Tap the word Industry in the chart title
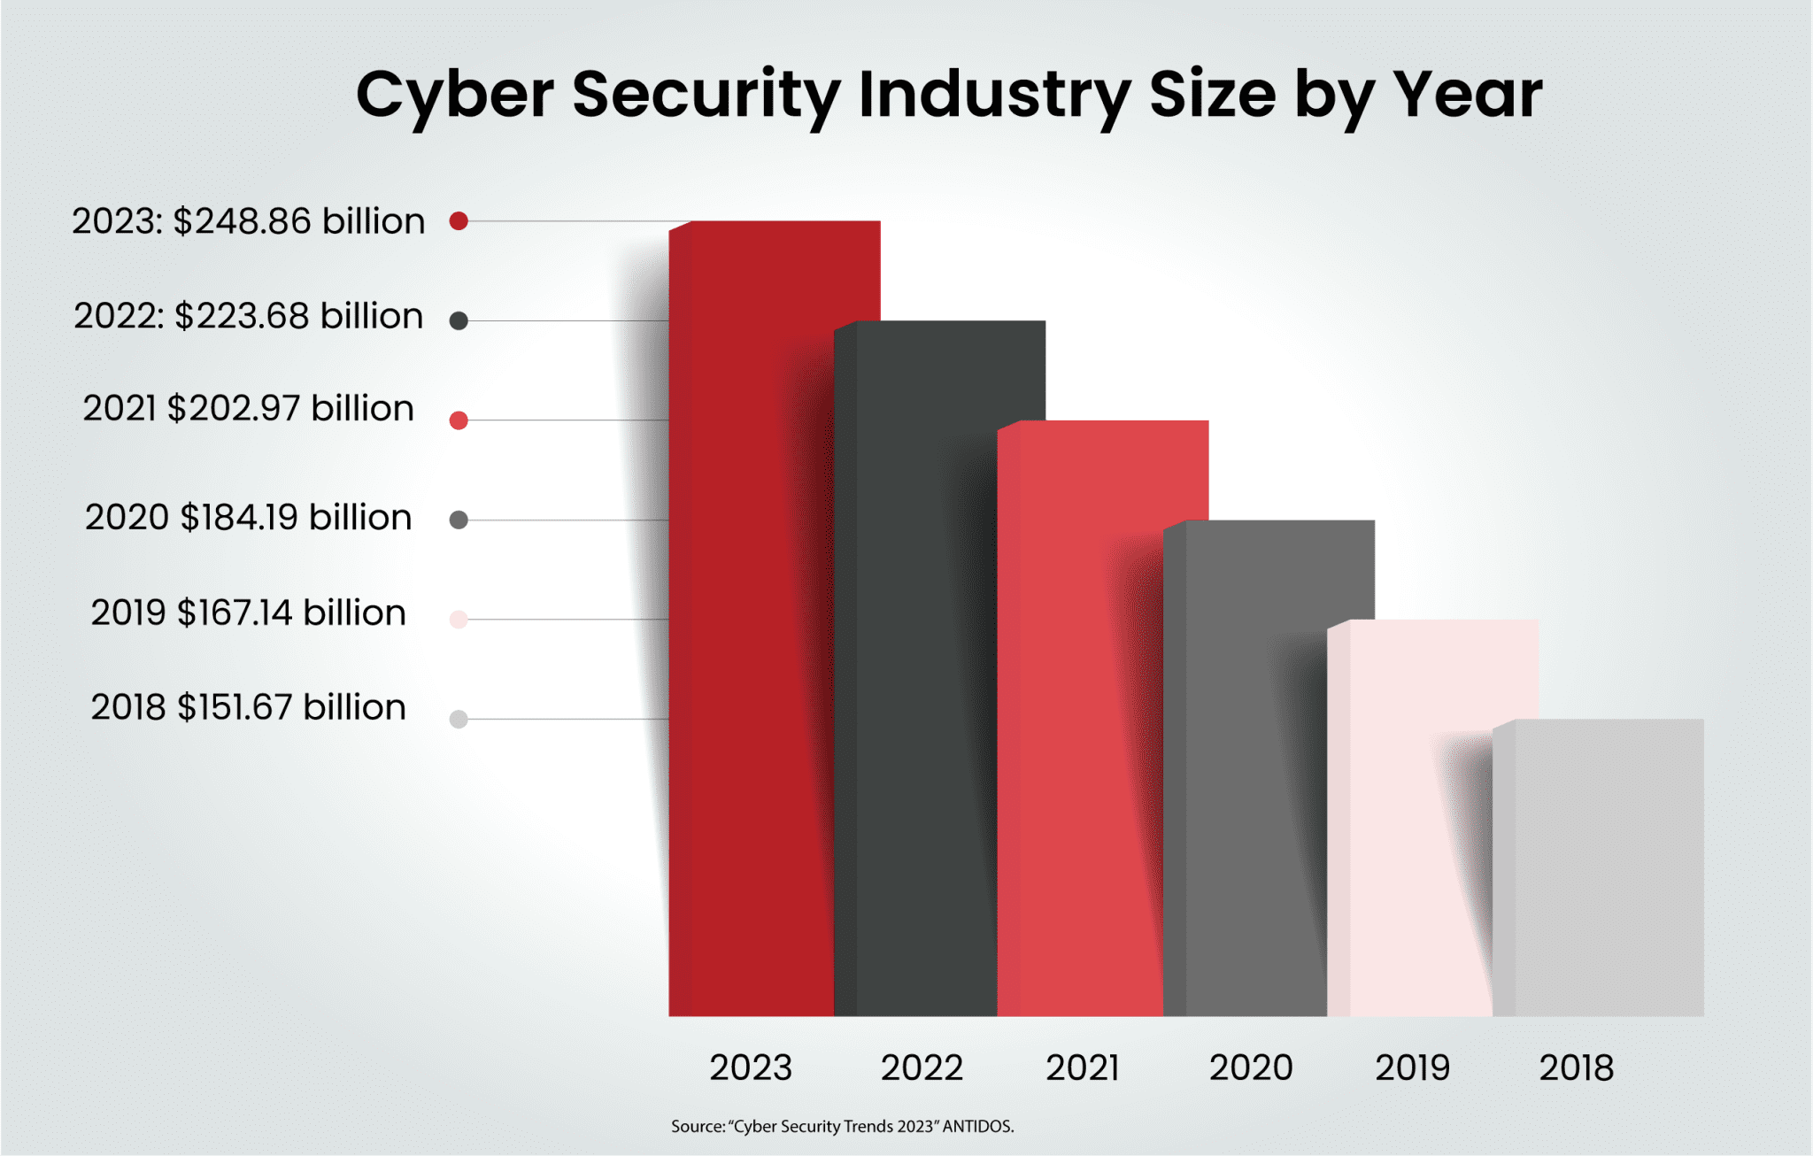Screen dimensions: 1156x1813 pos(993,95)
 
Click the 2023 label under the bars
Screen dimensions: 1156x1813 pos(751,1067)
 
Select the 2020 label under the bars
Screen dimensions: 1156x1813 pos(1251,1067)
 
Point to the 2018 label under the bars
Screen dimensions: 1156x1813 pos(1576,1067)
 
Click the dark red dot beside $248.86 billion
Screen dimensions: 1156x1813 pos(459,221)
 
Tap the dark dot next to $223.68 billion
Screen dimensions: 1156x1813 pos(459,320)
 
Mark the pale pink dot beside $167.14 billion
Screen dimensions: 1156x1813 pos(459,620)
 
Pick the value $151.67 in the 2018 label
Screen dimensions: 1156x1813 pos(235,707)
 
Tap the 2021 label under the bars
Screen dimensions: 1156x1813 pos(1083,1067)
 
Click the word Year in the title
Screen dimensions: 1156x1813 pos(1467,95)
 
